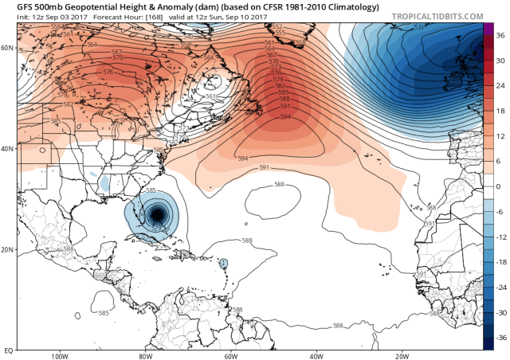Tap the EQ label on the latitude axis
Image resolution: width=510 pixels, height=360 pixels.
tap(6, 350)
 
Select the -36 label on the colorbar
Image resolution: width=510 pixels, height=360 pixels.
tap(500, 338)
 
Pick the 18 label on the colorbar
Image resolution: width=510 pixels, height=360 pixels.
tap(500, 111)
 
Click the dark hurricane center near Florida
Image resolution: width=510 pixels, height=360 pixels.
tap(158, 213)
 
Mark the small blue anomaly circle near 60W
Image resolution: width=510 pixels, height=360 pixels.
tap(223, 263)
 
